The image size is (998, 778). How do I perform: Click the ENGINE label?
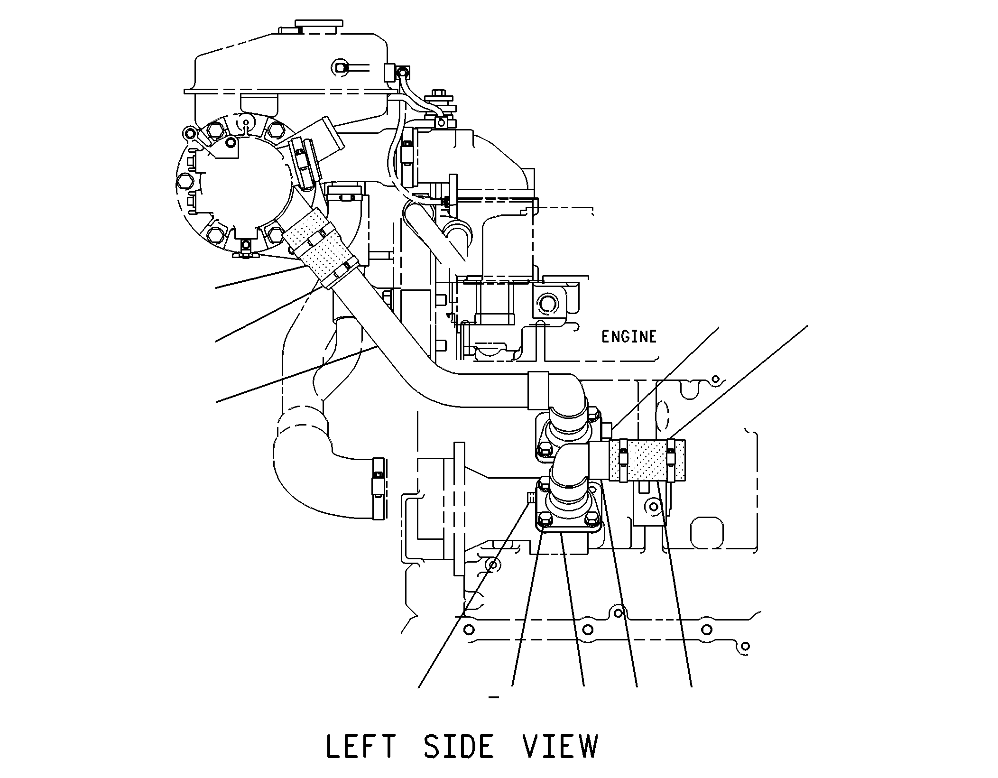click(x=629, y=337)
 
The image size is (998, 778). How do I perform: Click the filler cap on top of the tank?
click(x=319, y=24)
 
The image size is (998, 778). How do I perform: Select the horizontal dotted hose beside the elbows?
click(x=647, y=460)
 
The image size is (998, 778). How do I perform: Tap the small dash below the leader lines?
click(x=494, y=697)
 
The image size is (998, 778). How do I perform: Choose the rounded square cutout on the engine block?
click(x=707, y=532)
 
